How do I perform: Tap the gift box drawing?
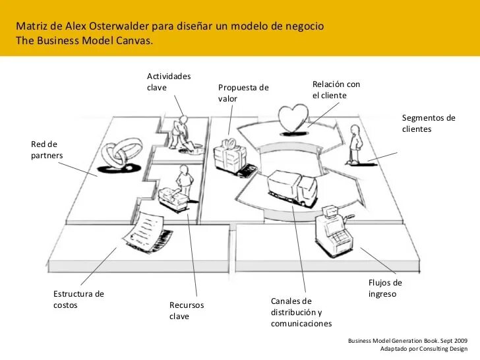coord(229,156)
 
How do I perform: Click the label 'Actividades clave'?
coord(169,82)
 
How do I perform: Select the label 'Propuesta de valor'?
coord(243,93)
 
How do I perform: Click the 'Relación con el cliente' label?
coord(336,90)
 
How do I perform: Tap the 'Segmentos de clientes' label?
coord(429,123)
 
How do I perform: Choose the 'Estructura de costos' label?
coord(78,299)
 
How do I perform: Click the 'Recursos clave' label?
coord(187,311)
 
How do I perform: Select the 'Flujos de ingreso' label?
coord(385,288)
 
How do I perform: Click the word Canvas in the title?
coord(135,40)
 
